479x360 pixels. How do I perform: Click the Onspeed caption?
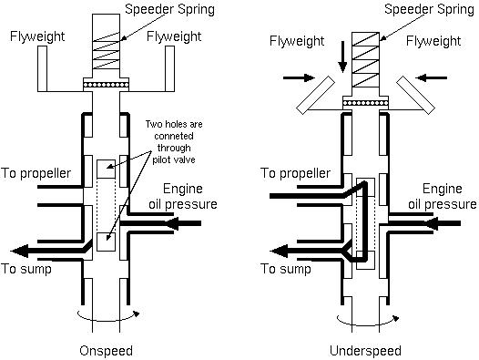[x=106, y=351]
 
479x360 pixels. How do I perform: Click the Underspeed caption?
[x=365, y=351]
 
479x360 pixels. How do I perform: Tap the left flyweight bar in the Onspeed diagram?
[x=42, y=68]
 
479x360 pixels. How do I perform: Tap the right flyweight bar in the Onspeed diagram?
[x=170, y=68]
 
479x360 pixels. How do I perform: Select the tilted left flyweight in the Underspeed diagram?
[x=316, y=95]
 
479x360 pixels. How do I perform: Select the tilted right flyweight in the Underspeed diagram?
[x=416, y=95]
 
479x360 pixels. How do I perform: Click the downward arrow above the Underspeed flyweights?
[x=342, y=57]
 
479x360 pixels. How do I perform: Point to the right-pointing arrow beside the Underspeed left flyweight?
[x=299, y=78]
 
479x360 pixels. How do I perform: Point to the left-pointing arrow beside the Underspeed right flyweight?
[x=432, y=78]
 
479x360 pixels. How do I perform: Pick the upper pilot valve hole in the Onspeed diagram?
[x=106, y=170]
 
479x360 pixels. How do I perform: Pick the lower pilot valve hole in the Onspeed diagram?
[x=106, y=242]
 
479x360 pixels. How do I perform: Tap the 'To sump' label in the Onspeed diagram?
[x=26, y=269]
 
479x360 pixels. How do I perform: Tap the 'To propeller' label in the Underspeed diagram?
[x=295, y=174]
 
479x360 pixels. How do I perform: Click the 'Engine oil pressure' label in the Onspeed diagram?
[x=183, y=196]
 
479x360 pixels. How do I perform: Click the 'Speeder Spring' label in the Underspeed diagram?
[x=429, y=9]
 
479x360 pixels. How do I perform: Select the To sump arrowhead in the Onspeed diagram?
[x=19, y=251]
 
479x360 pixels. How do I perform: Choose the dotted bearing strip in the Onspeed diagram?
[x=106, y=85]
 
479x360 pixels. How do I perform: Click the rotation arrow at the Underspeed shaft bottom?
[x=368, y=322]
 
